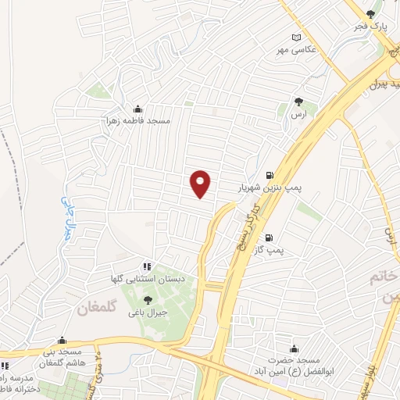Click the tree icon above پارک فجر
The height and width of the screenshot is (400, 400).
[x=372, y=14]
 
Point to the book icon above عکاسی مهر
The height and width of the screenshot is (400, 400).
[x=296, y=37]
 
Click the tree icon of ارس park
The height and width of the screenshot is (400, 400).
[x=298, y=101]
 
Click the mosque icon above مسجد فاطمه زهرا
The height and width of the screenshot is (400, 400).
[x=138, y=109]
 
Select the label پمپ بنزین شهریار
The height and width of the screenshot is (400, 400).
[x=270, y=188]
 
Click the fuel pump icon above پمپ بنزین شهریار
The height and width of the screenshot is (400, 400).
[x=270, y=176]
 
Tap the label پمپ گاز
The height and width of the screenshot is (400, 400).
[x=270, y=251]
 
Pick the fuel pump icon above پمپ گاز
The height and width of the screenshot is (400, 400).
[x=270, y=238]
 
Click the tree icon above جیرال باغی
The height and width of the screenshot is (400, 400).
[x=148, y=299]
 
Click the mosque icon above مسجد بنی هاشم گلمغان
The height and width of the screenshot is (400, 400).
[x=62, y=341]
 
